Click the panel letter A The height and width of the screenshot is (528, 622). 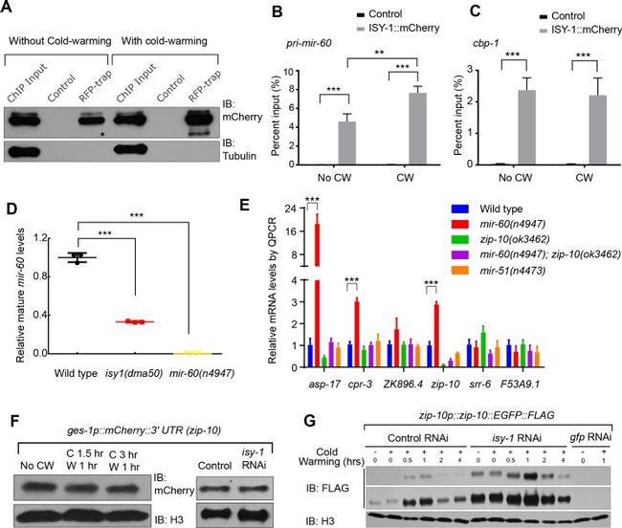[10, 11]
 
